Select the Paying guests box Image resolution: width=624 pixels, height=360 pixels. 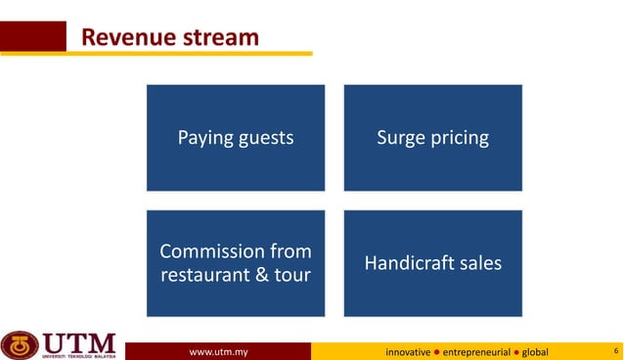[x=236, y=138]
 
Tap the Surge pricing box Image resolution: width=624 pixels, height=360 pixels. [x=432, y=138]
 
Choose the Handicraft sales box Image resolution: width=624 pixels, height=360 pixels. [x=432, y=263]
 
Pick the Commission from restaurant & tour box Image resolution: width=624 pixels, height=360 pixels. [x=236, y=263]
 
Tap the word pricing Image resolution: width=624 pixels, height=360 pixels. [x=460, y=138]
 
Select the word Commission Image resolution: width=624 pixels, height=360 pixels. [x=212, y=251]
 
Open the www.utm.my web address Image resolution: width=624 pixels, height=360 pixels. [x=218, y=350]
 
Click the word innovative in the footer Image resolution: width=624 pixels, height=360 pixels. [x=407, y=350]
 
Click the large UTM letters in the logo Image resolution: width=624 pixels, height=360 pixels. [x=79, y=342]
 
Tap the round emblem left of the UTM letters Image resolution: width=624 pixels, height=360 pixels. [x=20, y=344]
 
